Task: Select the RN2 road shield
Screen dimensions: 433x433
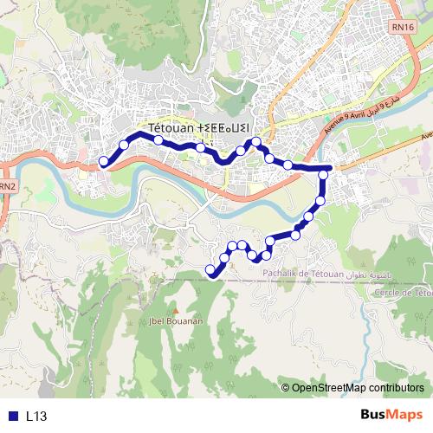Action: (x=7, y=186)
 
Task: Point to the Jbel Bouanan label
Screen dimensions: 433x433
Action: (x=177, y=320)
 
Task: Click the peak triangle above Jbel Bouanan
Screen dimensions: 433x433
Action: (x=177, y=310)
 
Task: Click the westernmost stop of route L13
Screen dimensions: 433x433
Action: (x=104, y=160)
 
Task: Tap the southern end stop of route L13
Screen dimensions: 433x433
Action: (x=210, y=271)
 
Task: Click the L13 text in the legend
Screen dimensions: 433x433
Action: (x=36, y=417)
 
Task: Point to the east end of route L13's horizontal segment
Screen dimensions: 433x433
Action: (x=330, y=167)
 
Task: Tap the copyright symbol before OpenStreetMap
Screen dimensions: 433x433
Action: (x=286, y=388)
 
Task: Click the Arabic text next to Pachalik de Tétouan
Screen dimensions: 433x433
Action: (x=370, y=275)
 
